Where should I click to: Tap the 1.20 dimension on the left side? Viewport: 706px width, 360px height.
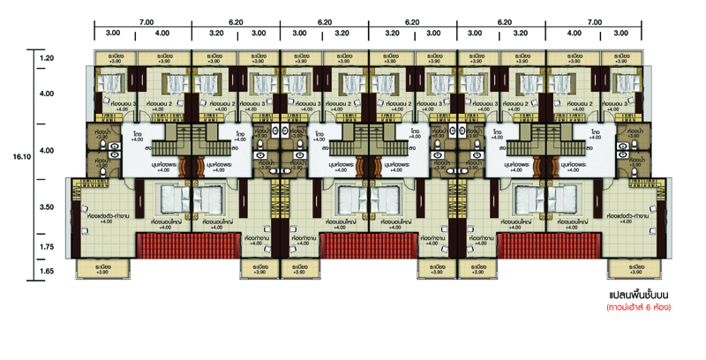47,58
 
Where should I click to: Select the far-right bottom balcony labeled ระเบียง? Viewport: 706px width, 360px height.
634,268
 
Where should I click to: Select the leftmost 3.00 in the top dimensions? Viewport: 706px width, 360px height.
114,33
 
